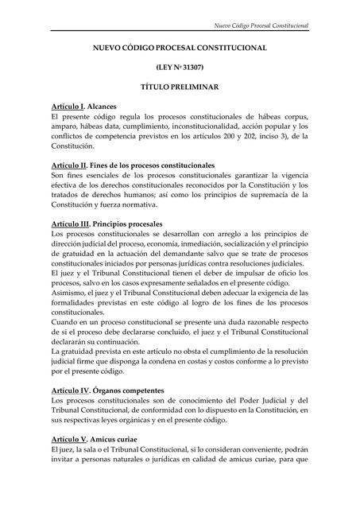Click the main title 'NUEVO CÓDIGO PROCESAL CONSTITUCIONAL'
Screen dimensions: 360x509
[180, 49]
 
